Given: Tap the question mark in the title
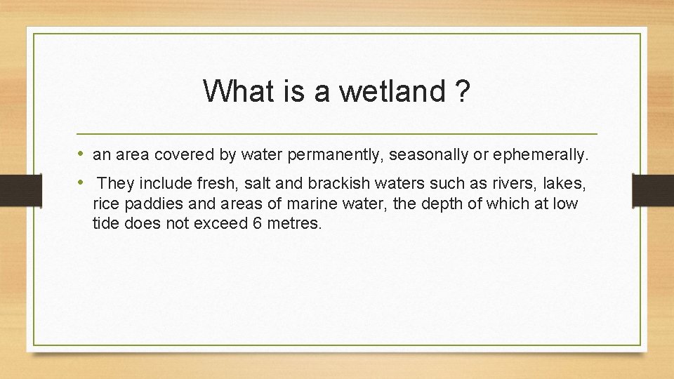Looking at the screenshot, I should point(462,91).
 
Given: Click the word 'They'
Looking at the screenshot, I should point(116,184).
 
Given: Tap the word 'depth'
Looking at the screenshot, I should point(434,204).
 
